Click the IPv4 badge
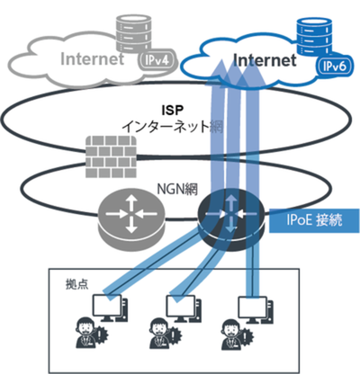click(156, 61)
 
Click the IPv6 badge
click(334, 67)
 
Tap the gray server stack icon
click(133, 33)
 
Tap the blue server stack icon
click(314, 38)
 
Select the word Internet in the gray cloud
click(92, 58)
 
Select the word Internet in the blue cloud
click(265, 60)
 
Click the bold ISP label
click(172, 111)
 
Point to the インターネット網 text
click(173, 127)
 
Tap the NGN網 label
click(177, 189)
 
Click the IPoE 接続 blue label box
click(314, 221)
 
